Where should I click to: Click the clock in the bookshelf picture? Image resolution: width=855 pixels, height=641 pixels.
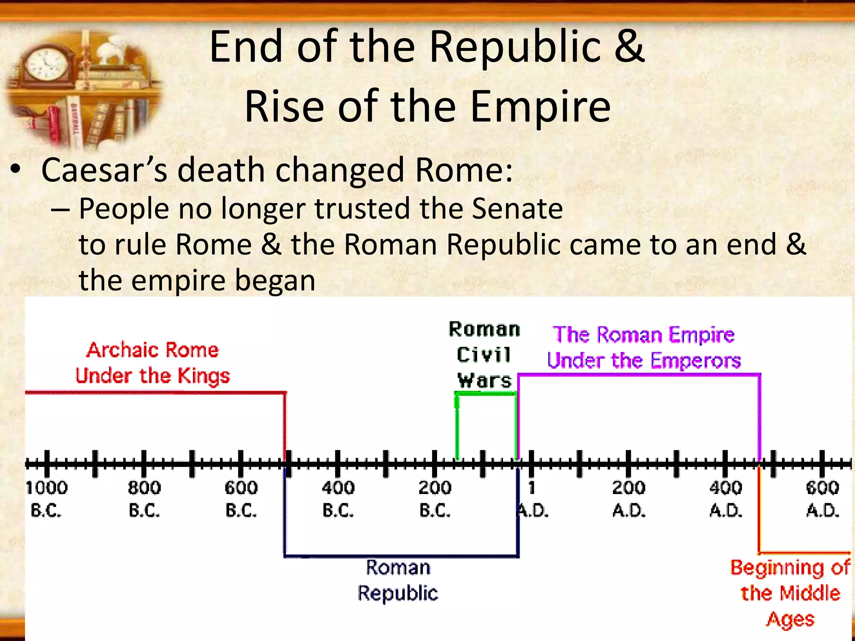(x=46, y=65)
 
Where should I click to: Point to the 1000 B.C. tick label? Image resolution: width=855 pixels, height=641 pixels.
(x=46, y=498)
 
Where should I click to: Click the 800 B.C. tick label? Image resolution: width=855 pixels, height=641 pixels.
(x=144, y=498)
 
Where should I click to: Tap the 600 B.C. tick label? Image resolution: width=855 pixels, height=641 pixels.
(x=241, y=498)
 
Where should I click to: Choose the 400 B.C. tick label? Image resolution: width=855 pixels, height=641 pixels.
(x=338, y=498)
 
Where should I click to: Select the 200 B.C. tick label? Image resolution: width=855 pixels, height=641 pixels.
(x=435, y=498)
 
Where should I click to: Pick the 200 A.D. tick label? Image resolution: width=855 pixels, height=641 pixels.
(x=629, y=498)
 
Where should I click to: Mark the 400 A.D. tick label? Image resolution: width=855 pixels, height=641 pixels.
(x=726, y=498)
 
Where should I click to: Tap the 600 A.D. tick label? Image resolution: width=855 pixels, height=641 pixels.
(x=822, y=498)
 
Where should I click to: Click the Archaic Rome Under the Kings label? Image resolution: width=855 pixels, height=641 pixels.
(x=153, y=363)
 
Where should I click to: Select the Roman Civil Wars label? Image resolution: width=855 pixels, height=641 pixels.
(x=484, y=355)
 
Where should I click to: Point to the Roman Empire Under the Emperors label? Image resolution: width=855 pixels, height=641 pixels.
(x=644, y=348)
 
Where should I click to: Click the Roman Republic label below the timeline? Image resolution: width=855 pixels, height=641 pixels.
(x=398, y=580)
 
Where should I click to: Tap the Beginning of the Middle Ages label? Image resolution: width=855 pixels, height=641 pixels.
(x=790, y=593)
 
